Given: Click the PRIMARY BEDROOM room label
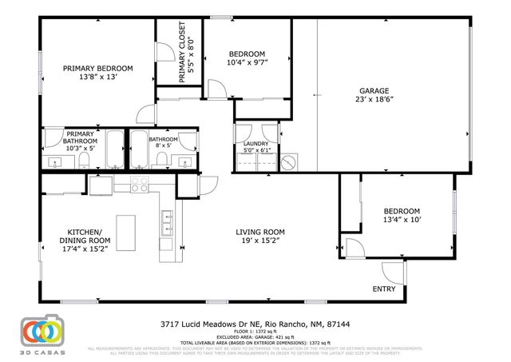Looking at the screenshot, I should point(98,69).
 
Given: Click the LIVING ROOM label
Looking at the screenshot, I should point(260,232).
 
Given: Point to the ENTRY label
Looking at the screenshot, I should point(385,288).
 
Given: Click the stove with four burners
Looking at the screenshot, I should point(140,185).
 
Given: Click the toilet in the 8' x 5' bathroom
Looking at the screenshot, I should point(164,161).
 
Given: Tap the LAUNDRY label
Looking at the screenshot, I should point(255,143).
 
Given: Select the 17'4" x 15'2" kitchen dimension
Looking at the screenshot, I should point(84,249).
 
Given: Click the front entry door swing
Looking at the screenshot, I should point(394,272).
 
